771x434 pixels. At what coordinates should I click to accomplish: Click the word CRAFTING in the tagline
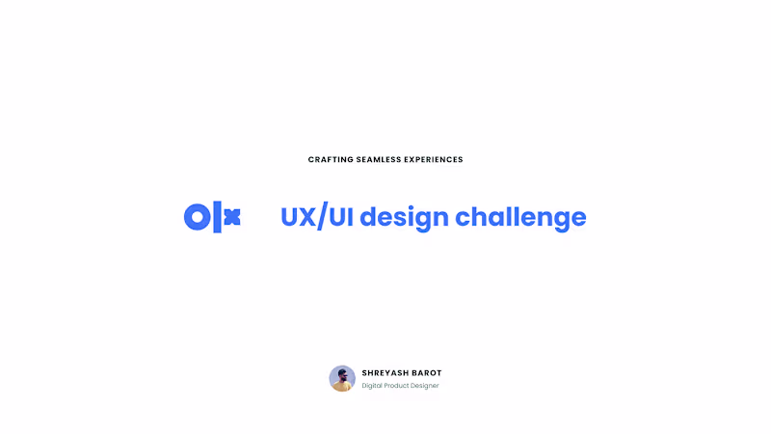click(x=330, y=160)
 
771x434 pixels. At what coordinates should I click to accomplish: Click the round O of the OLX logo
click(x=196, y=217)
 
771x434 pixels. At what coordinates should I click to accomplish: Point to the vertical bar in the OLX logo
click(x=216, y=217)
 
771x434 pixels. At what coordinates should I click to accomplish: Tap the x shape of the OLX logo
click(x=231, y=217)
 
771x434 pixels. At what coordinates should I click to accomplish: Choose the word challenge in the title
click(x=520, y=218)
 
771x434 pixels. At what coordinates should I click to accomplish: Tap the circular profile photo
click(x=342, y=378)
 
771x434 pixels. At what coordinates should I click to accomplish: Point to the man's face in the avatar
click(x=342, y=374)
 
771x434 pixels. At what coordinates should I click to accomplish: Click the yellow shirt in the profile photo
click(x=342, y=387)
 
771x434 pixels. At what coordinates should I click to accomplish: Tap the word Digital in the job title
click(x=373, y=386)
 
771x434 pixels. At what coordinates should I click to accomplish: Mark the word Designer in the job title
click(x=426, y=386)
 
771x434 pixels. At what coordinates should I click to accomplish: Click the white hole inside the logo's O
click(x=196, y=217)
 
